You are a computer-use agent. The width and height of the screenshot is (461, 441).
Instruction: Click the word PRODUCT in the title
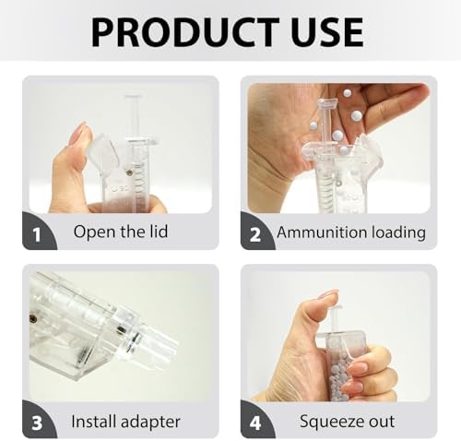185,32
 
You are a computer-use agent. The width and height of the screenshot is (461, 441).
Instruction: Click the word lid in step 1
159,232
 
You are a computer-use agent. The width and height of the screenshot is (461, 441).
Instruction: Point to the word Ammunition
322,232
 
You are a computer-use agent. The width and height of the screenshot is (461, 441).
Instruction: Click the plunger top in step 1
133,97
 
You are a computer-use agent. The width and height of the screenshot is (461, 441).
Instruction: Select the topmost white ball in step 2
348,93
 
